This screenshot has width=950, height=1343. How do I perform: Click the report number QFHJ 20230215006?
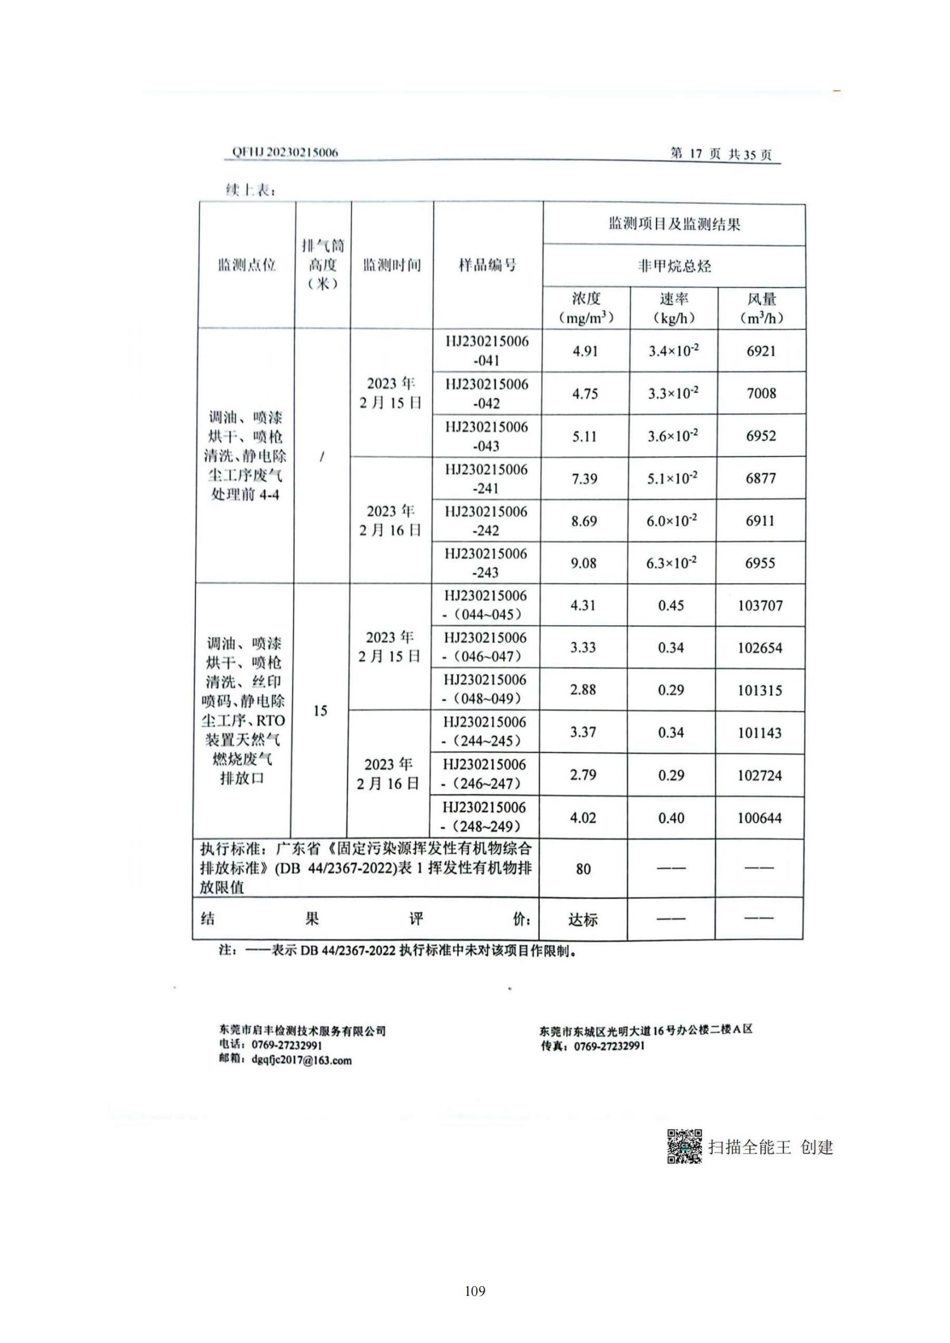click(x=285, y=152)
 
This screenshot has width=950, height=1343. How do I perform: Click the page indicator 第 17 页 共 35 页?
click(x=721, y=154)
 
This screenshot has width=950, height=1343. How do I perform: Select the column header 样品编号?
click(x=487, y=266)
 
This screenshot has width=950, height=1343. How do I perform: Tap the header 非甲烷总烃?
click(x=674, y=267)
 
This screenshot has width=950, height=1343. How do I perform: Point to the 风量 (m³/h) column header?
click(x=761, y=308)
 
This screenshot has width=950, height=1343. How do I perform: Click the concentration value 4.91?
click(x=585, y=351)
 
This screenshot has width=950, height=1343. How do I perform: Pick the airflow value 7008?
click(x=761, y=393)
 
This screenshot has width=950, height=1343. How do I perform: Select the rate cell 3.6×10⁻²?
click(x=673, y=436)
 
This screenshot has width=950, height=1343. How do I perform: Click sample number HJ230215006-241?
click(x=486, y=478)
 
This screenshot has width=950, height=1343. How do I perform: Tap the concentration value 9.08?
click(x=584, y=563)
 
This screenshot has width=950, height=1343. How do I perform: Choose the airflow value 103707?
click(x=760, y=605)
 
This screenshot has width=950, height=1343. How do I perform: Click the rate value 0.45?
click(x=671, y=605)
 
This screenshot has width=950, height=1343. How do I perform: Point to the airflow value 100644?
click(x=759, y=818)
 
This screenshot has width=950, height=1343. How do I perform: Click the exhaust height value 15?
click(x=320, y=711)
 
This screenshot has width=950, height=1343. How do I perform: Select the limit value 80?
click(x=583, y=869)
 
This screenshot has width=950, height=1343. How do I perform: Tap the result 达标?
click(x=583, y=920)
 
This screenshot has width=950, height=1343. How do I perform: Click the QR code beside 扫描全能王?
click(x=685, y=1147)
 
